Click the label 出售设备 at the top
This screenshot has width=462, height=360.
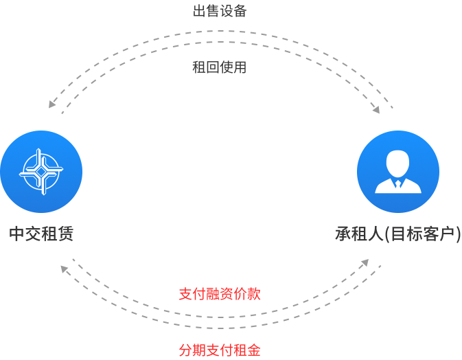click(x=219, y=11)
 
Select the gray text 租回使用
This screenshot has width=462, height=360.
click(x=219, y=67)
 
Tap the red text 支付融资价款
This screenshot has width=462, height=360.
click(x=219, y=294)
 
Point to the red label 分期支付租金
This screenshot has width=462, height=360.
click(x=219, y=350)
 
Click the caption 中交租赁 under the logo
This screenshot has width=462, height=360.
click(x=41, y=234)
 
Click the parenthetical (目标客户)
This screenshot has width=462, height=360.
click(x=421, y=234)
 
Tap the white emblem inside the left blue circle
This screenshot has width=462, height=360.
click(x=41, y=172)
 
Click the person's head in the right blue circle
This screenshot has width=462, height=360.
click(x=397, y=162)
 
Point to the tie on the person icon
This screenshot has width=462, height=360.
click(x=397, y=184)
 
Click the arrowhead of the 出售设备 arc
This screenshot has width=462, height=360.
click(x=51, y=105)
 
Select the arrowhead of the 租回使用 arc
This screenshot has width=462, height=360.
click(x=376, y=111)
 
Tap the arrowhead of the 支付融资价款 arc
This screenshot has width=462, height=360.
click(x=365, y=262)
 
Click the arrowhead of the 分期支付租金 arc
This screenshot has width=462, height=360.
click(x=64, y=268)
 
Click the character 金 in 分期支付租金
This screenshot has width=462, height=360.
click(x=253, y=350)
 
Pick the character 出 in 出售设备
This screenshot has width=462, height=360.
click(x=199, y=11)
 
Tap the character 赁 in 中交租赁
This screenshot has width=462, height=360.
click(x=66, y=234)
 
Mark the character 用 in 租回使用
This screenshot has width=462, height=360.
click(x=240, y=67)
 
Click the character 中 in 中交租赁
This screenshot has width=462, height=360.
click(x=16, y=234)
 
